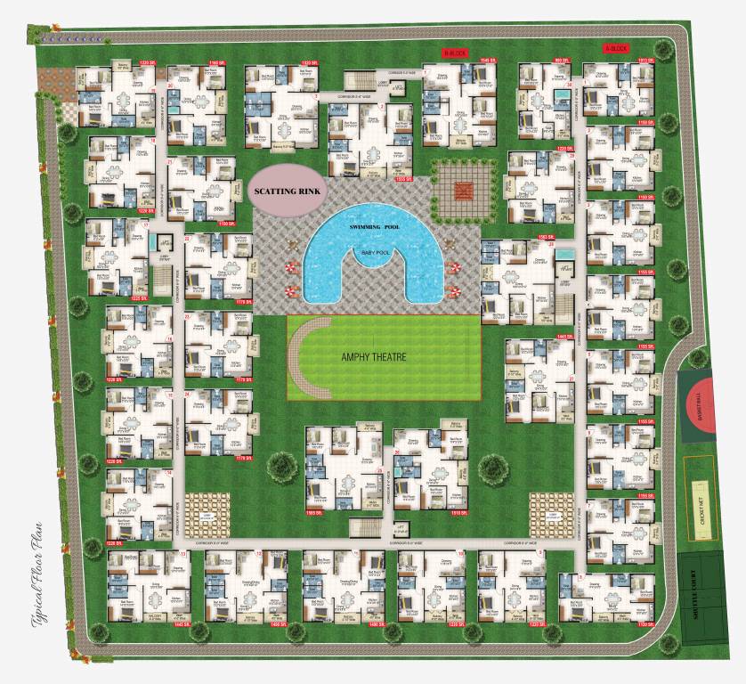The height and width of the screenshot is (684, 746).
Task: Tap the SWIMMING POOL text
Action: pos(376,229)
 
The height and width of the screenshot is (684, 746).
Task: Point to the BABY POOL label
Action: pos(376,252)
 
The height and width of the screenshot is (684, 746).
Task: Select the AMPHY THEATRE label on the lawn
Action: pos(374,357)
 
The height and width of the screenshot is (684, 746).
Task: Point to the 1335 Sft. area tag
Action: pos(402,179)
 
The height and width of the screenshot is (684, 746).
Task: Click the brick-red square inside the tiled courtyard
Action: pos(462,190)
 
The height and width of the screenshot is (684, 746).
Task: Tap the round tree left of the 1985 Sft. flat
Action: pos(282,465)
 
